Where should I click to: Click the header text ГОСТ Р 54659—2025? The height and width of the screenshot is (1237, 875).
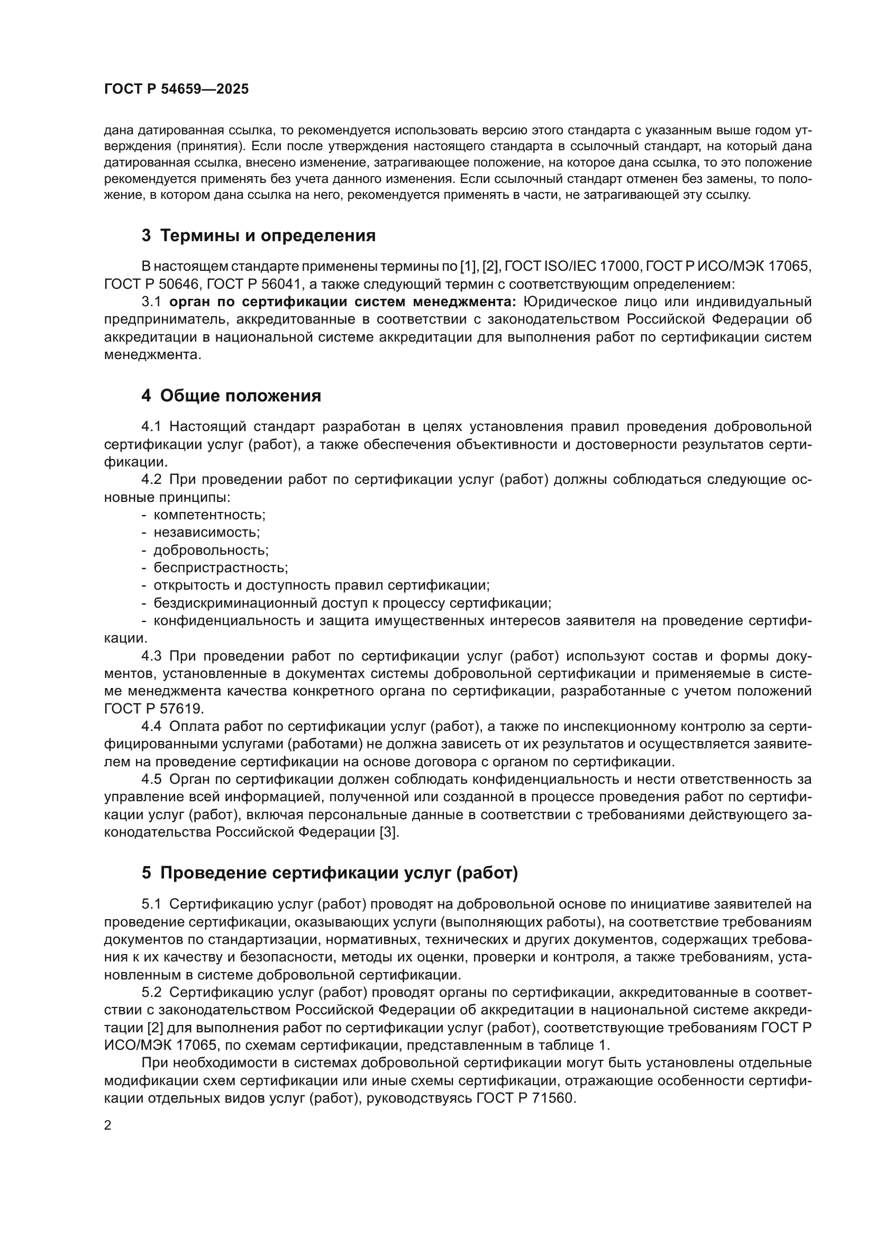pos(176,89)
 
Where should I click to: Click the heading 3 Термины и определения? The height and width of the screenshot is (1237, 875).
pos(259,235)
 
